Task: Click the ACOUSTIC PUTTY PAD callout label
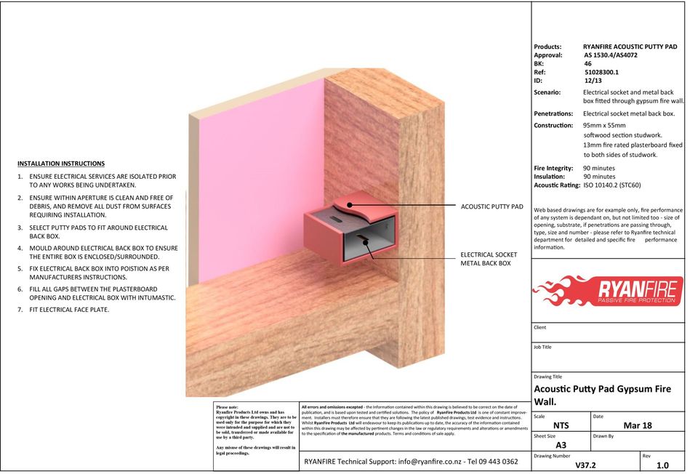click(492, 206)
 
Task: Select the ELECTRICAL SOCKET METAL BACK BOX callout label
click(489, 259)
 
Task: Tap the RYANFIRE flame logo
click(607, 290)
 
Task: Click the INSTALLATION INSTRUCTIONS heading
click(61, 164)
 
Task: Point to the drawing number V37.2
click(586, 465)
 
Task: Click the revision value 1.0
click(662, 465)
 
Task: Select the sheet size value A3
click(561, 445)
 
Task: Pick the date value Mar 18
click(638, 425)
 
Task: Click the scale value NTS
click(561, 425)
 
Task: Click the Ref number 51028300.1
click(601, 72)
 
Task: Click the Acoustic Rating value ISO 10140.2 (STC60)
click(612, 185)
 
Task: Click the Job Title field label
click(543, 348)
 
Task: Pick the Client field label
click(539, 327)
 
